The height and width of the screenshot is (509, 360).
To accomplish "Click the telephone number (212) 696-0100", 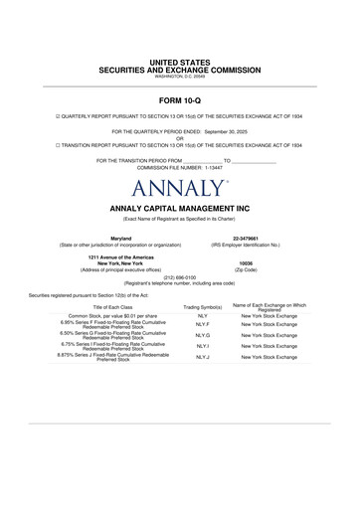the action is coord(180,277).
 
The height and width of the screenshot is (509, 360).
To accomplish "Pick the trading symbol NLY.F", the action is coord(203,324).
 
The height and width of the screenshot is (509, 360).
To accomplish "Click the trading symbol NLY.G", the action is coord(203,336).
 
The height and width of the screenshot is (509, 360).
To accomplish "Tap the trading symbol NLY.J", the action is coord(203,356).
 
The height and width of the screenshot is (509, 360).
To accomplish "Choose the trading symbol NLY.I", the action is coord(203,346).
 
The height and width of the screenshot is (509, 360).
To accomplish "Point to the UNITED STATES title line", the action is coord(180,63).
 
